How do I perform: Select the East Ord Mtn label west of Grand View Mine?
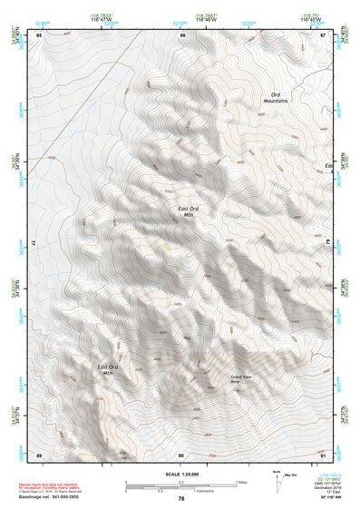[108, 369]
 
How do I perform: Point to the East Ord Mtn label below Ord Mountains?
[188, 211]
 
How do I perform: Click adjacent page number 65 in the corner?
[39, 34]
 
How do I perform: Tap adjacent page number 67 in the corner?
[324, 34]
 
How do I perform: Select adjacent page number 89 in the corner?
[39, 454]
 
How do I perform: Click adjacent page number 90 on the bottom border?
[181, 454]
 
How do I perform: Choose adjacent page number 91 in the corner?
[324, 454]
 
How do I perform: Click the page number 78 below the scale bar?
[181, 498]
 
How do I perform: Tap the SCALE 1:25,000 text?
[180, 475]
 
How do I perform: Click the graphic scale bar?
[180, 485]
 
